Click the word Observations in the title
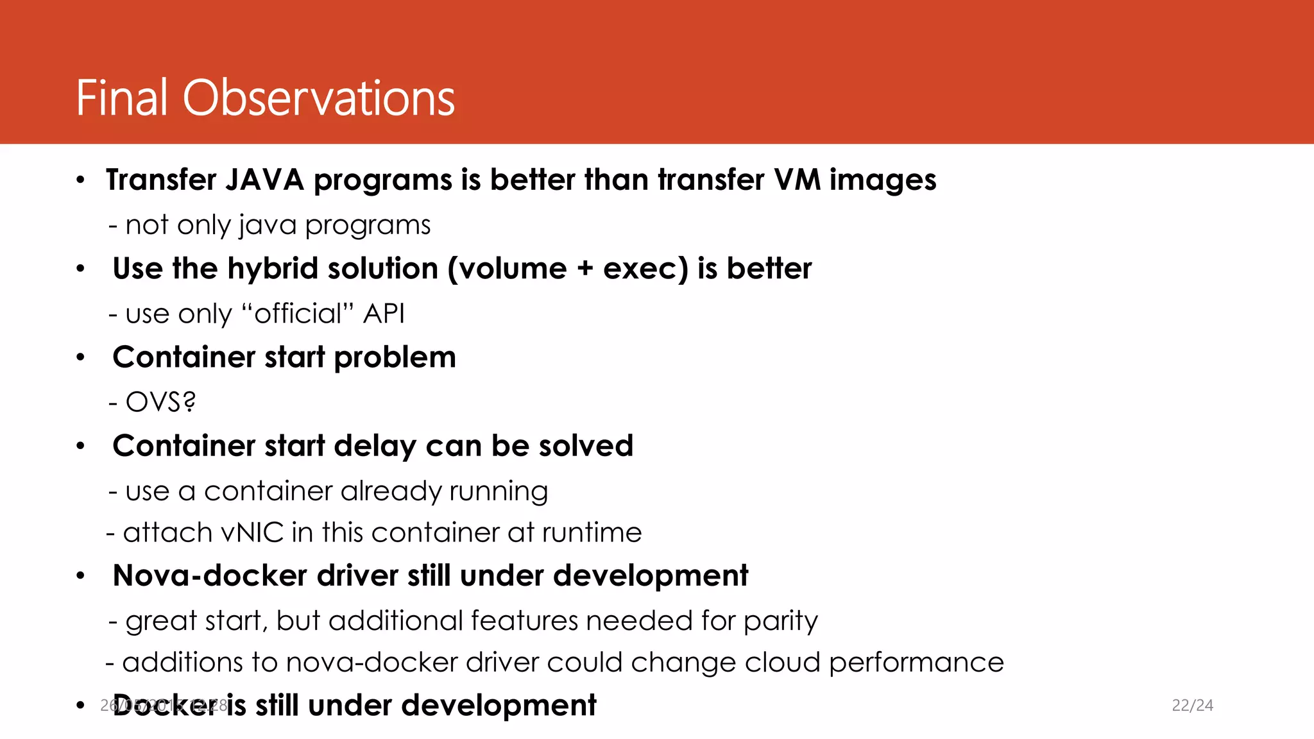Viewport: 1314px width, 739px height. (x=318, y=98)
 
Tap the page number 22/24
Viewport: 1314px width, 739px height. (x=1192, y=705)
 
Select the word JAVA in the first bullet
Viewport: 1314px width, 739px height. (x=264, y=180)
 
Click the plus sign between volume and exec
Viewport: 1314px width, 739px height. (x=584, y=269)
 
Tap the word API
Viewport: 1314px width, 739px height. (x=384, y=314)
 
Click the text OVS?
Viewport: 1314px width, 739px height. (x=160, y=402)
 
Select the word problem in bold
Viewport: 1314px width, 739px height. (x=395, y=357)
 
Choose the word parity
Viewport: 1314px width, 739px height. (x=781, y=621)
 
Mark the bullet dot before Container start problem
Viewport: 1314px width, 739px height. (x=80, y=357)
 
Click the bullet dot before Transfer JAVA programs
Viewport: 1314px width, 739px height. (x=80, y=180)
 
